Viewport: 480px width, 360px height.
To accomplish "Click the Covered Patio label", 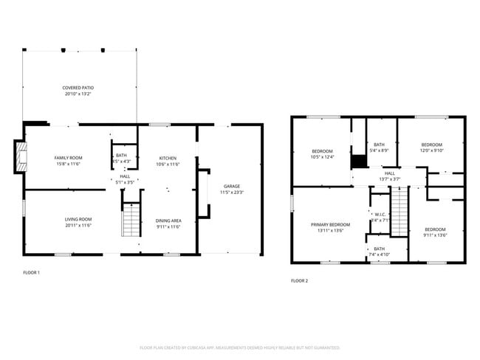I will pos(78,88).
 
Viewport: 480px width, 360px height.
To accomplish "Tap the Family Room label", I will pos(67,158).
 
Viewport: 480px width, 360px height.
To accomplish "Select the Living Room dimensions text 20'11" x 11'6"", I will pos(78,225).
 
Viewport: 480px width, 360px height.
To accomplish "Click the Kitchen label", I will pos(168,158).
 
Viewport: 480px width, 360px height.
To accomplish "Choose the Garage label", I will pos(232,186).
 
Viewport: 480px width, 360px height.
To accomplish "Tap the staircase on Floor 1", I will pos(131,220).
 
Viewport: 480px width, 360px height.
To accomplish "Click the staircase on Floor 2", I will pos(399,210).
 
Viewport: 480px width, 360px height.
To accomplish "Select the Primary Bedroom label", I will pos(329,224).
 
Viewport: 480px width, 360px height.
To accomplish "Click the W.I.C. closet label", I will pos(377,215).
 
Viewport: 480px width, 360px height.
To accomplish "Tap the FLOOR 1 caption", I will pos(31,273).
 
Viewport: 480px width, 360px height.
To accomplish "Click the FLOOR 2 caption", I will pos(299,280).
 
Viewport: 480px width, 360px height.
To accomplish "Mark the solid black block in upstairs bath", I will pos(359,162).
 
